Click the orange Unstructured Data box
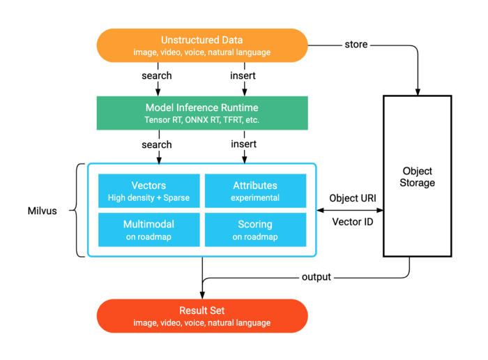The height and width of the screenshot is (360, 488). pos(202,45)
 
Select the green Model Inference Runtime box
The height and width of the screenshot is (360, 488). pos(202,113)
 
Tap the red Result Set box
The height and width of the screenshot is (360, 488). pos(202,315)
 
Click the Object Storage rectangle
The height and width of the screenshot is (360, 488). pos(418,177)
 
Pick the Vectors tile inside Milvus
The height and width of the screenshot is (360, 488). pos(148,191)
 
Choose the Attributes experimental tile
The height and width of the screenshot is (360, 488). pos(255,191)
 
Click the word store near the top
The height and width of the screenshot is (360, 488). pos(356,45)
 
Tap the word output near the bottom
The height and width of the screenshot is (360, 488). pos(316,277)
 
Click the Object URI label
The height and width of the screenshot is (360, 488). pos(353,197)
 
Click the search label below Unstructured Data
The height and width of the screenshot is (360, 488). pos(157,75)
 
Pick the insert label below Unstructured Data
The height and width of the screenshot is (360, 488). pos(243,75)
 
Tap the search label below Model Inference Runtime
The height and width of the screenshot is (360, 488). pos(157,144)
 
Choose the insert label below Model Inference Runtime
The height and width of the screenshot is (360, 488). pos(243,144)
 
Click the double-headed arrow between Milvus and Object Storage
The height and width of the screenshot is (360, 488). pos(350,209)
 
